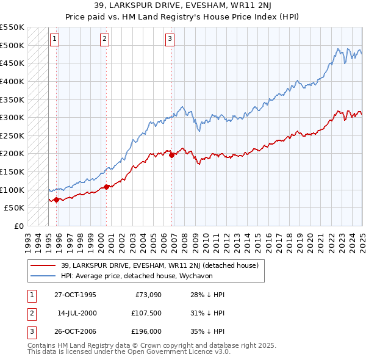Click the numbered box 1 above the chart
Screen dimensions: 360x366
pyautogui.click(x=54, y=40)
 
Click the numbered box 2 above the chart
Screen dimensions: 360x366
pyautogui.click(x=104, y=40)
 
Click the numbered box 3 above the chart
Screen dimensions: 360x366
pyautogui.click(x=170, y=40)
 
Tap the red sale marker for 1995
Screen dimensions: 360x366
pyautogui.click(x=57, y=200)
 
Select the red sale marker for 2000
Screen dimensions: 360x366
pyautogui.click(x=106, y=187)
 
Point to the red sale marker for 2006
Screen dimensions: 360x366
pyautogui.click(x=172, y=155)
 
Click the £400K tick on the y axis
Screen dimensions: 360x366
pyautogui.click(x=12, y=81)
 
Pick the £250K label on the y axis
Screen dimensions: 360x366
pyautogui.click(x=12, y=135)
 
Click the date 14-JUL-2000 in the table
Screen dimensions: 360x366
pyautogui.click(x=77, y=314)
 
